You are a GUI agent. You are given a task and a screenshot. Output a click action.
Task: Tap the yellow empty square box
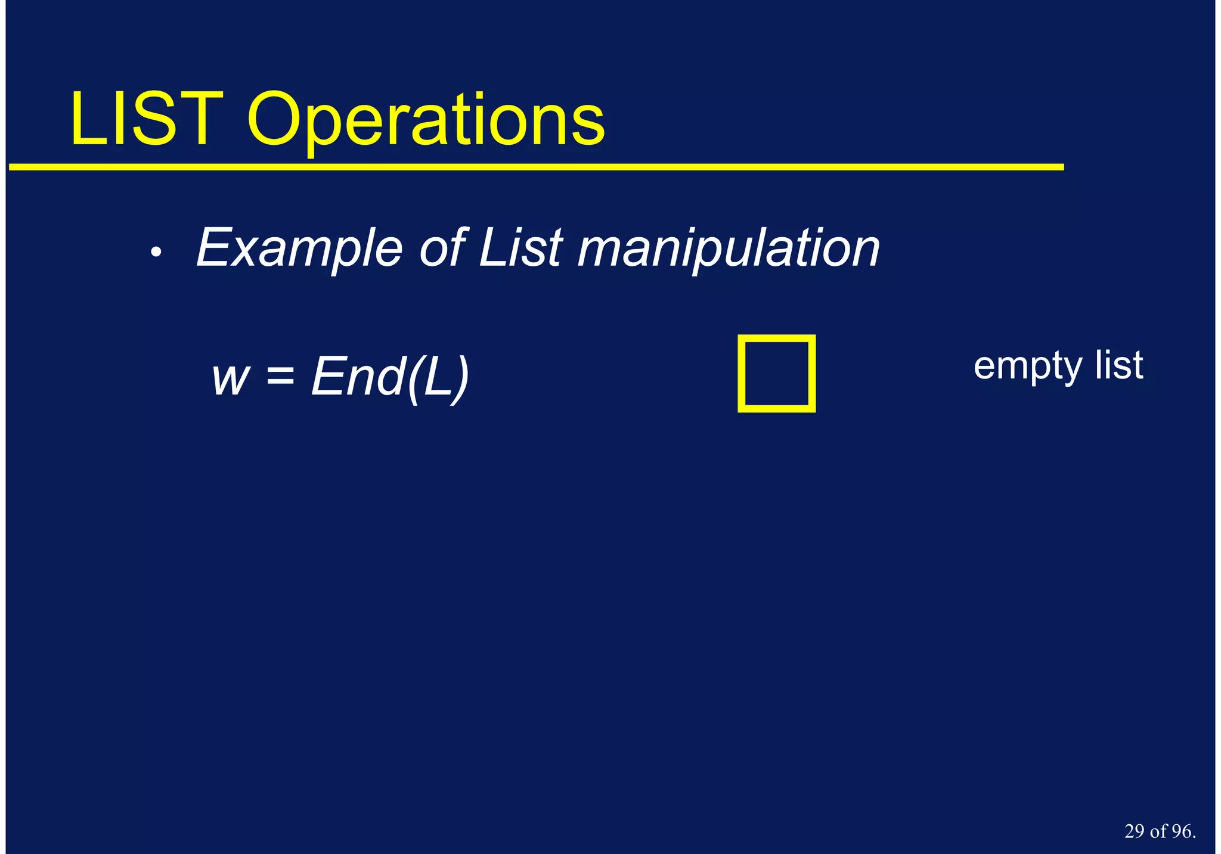click(x=776, y=374)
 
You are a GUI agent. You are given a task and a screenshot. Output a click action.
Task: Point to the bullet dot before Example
click(x=156, y=253)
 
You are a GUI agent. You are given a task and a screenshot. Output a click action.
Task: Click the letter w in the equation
click(x=230, y=378)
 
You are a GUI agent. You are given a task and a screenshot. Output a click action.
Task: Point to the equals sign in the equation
click(x=280, y=377)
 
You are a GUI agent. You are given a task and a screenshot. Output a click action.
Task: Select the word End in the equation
click(x=357, y=376)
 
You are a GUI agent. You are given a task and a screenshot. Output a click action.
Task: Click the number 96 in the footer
click(x=1181, y=831)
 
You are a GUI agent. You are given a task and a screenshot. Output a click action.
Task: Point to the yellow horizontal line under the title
click(x=537, y=167)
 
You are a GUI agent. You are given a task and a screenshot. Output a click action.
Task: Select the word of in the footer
click(x=1158, y=831)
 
